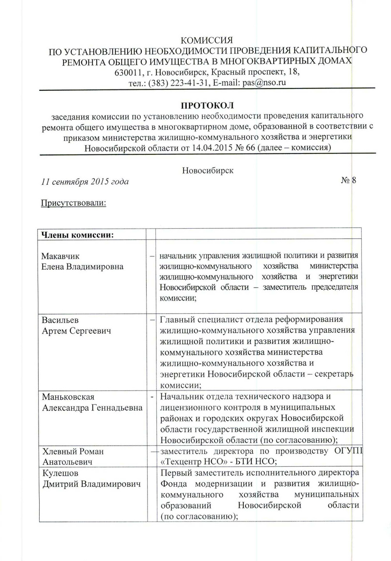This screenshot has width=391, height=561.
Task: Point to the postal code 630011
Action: click(128, 72)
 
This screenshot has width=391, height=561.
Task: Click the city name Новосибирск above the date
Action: click(207, 171)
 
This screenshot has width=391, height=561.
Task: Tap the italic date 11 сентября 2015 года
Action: click(85, 182)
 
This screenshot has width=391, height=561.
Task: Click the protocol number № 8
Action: click(348, 181)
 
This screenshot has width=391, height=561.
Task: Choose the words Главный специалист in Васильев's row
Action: click(200, 321)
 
